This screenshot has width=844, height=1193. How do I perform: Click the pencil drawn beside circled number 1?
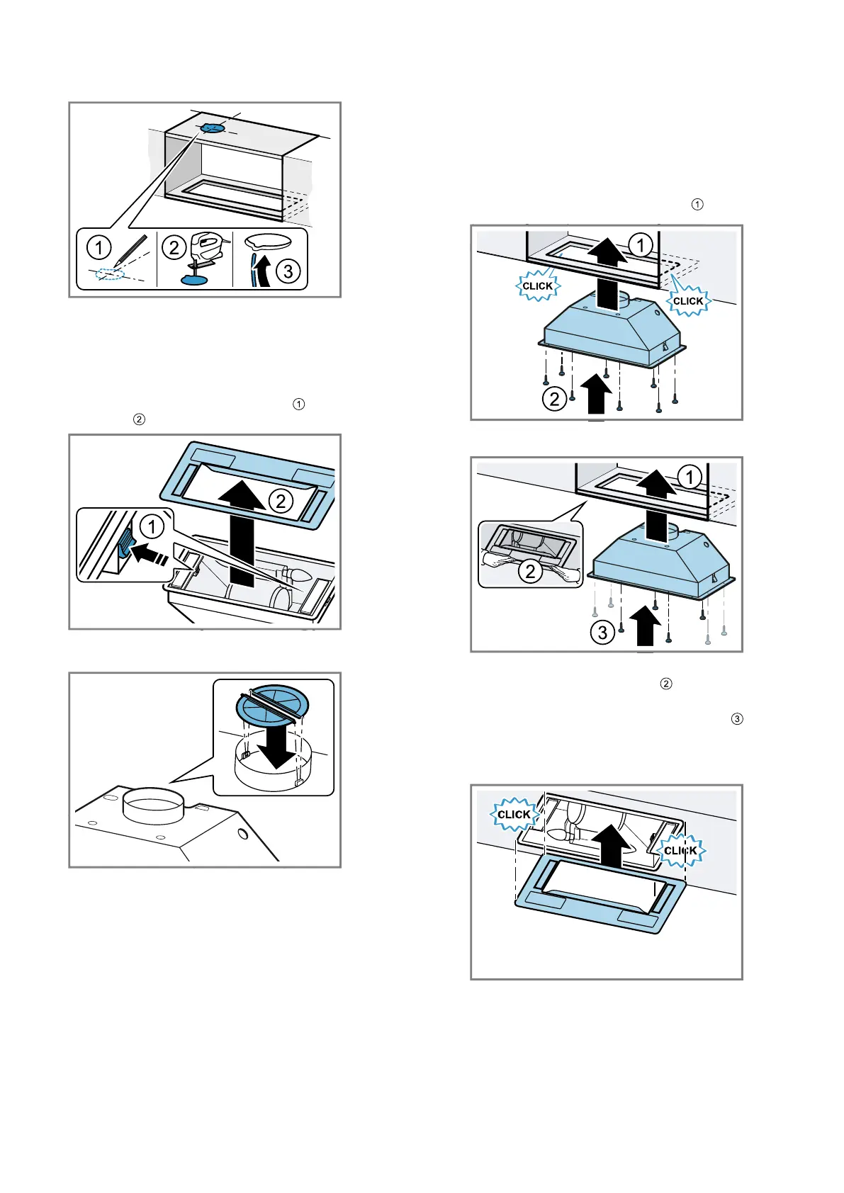coord(135,251)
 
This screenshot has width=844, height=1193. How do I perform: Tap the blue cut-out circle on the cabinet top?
coord(212,128)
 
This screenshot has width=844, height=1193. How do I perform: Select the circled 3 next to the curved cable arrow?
coord(288,271)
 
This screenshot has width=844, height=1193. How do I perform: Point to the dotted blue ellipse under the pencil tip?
coord(110,273)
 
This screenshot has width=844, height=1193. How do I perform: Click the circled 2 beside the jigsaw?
coord(174,247)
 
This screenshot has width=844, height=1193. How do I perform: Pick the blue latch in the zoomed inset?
coord(125,545)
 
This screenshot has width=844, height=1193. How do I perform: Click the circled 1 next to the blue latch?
coord(151,526)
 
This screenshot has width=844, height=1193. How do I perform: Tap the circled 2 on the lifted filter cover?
coord(281,501)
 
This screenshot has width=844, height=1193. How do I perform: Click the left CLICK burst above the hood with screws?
coord(537,286)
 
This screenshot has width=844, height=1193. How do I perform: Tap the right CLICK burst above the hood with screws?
coord(687,300)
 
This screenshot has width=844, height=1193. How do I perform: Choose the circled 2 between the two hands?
coord(530,570)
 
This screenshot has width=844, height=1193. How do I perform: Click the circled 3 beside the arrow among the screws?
coord(602,631)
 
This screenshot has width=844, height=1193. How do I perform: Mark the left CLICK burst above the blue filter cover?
coord(514,814)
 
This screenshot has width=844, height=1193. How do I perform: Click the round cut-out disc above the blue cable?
coord(268,242)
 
